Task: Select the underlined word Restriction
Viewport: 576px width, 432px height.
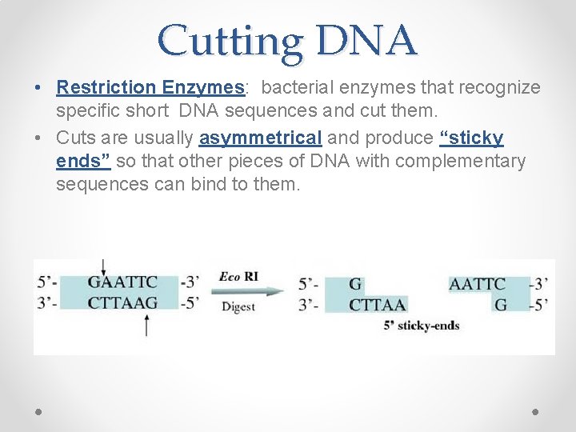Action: click(x=107, y=87)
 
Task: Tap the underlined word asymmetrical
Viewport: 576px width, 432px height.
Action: click(x=260, y=138)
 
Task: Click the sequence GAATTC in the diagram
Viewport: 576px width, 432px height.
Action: click(x=122, y=283)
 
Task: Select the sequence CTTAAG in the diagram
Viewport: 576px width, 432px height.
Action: click(x=122, y=302)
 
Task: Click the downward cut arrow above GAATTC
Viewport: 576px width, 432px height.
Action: click(x=103, y=267)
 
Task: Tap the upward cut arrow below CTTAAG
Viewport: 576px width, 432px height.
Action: click(x=146, y=324)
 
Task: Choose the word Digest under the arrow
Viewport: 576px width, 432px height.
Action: click(x=238, y=306)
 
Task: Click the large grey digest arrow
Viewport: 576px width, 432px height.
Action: click(x=248, y=291)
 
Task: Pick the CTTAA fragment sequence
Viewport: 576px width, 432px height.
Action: click(x=378, y=304)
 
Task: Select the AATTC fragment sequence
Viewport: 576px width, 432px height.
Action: click(x=477, y=284)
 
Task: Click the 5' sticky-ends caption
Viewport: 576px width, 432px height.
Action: click(x=422, y=326)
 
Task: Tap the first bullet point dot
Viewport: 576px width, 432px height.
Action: click(x=38, y=88)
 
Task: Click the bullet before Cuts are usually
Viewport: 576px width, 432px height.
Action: click(x=38, y=138)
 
